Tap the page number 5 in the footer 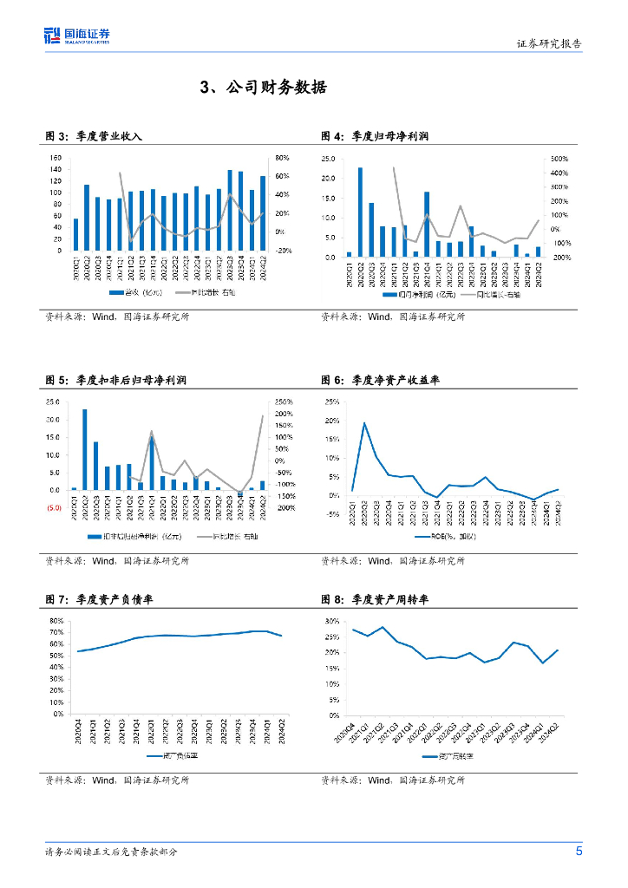coord(579,851)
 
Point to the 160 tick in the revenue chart coord(55,158)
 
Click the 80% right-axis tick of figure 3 coord(282,158)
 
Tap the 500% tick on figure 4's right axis coord(559,159)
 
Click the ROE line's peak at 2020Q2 coord(363,422)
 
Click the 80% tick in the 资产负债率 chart coord(56,621)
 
